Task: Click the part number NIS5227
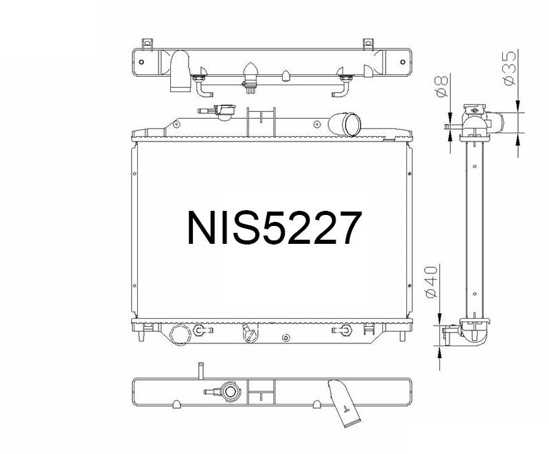[x=274, y=229]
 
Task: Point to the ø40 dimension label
[x=432, y=282]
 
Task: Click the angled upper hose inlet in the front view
[x=345, y=126]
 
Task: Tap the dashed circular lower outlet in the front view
[x=178, y=334]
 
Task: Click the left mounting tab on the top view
[x=145, y=43]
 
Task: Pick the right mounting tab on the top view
[x=368, y=43]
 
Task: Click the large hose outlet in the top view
[x=180, y=71]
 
